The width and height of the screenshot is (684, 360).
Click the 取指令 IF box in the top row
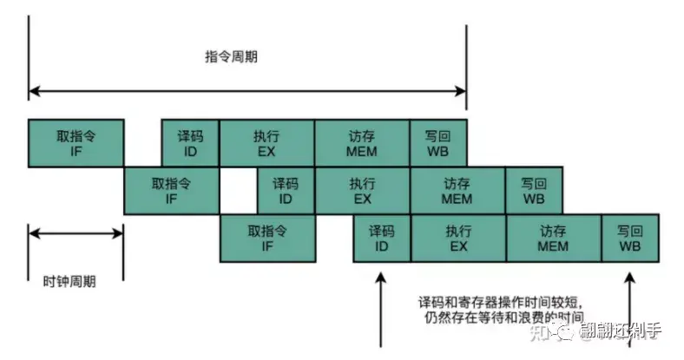tap(76, 142)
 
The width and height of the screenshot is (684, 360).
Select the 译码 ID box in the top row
tap(190, 142)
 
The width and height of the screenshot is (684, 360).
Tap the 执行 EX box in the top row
tap(266, 142)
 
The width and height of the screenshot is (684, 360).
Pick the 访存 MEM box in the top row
tap(362, 142)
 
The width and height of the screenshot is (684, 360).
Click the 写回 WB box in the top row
tap(437, 142)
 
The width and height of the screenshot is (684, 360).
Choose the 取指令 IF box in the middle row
tap(172, 190)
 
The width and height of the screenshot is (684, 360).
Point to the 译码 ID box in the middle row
tap(286, 190)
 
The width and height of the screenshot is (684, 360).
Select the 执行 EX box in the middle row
tap(362, 190)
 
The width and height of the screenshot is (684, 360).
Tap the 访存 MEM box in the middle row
tap(457, 190)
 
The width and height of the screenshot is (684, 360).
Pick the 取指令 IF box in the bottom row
tap(266, 238)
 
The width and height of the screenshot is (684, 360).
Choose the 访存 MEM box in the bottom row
tap(553, 238)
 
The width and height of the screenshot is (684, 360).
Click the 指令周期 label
tap(231, 57)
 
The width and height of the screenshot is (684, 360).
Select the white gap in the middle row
tap(239, 190)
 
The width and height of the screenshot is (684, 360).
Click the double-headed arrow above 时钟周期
tap(76, 232)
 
